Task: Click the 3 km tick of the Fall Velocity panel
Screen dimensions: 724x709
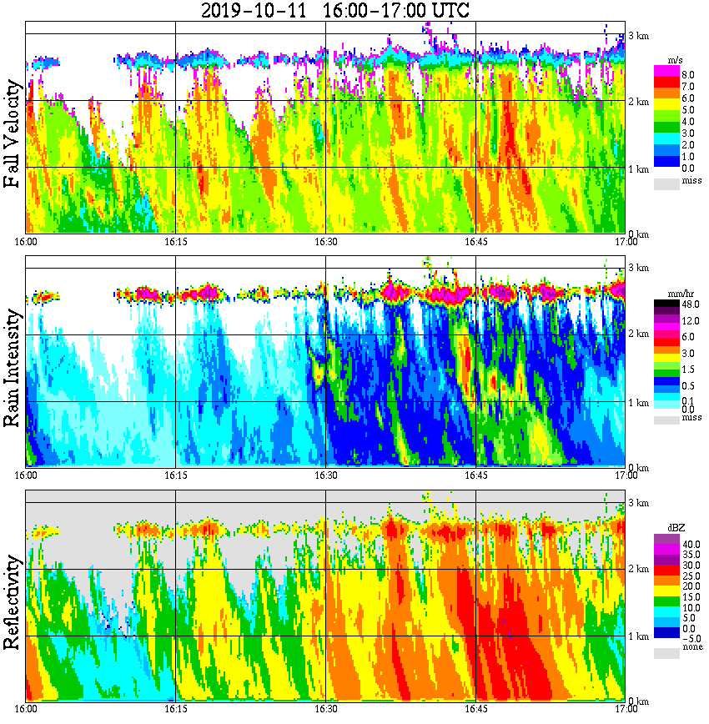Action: tap(638, 36)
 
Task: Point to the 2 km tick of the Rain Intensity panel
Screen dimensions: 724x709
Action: tap(638, 334)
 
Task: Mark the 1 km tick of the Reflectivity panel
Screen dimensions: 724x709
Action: tap(638, 637)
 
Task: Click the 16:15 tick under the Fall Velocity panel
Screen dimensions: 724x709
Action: tap(175, 241)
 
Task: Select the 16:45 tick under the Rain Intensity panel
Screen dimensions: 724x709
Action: tap(475, 475)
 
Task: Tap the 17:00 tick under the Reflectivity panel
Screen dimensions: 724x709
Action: tap(626, 708)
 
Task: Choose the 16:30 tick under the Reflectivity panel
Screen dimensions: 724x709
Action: tap(325, 708)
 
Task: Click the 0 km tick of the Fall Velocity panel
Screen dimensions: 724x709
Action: tap(638, 234)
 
